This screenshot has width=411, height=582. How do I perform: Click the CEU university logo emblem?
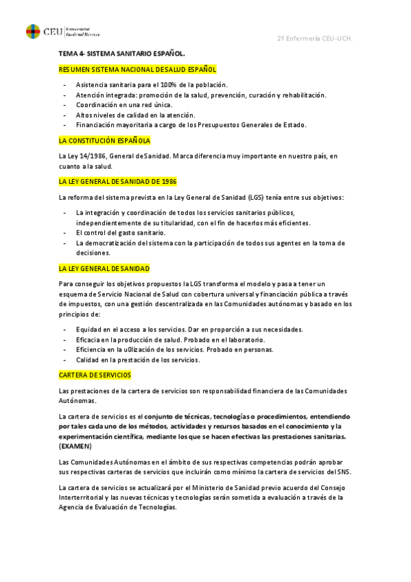tap(32, 32)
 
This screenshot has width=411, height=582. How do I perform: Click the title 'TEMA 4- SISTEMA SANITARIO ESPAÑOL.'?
tap(122, 53)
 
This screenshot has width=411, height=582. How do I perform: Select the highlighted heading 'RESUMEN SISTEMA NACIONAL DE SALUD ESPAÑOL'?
tap(138, 69)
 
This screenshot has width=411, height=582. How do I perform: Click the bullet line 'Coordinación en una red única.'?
tap(124, 104)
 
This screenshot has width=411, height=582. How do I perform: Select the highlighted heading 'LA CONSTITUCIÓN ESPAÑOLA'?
tap(104, 141)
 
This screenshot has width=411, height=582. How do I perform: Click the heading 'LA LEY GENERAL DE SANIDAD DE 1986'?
tap(118, 182)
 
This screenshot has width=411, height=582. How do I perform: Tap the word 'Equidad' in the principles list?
tap(89, 329)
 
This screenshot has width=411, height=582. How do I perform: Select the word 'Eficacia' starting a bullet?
tap(90, 340)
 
